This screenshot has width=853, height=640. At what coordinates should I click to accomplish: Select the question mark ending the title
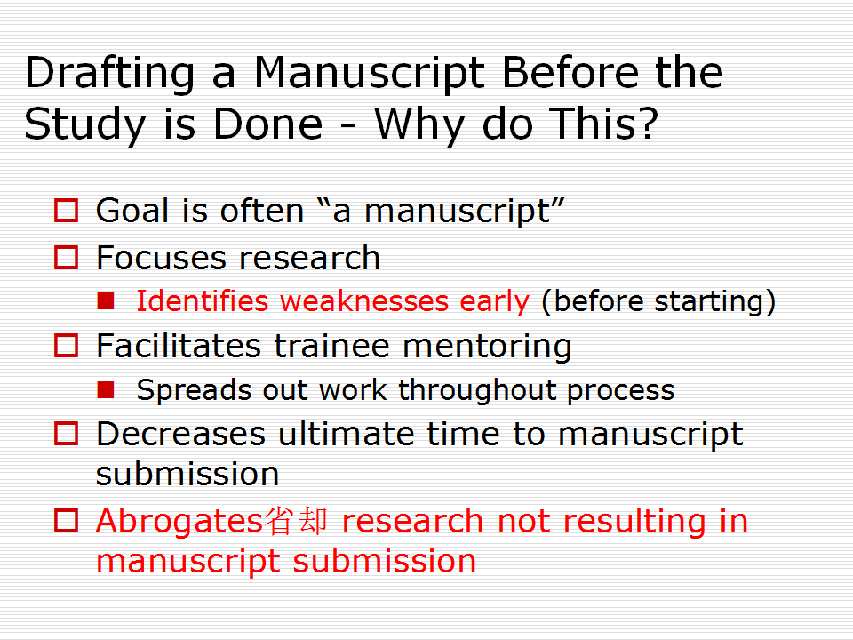click(647, 123)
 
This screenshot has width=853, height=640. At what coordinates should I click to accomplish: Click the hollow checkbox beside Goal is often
click(67, 211)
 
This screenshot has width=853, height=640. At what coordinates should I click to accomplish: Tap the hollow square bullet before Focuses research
click(67, 258)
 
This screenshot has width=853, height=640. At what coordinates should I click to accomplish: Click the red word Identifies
click(202, 301)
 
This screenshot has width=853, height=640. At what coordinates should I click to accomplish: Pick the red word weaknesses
click(364, 301)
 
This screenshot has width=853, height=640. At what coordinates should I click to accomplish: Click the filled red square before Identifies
click(106, 301)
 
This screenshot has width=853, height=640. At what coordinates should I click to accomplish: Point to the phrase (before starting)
click(658, 302)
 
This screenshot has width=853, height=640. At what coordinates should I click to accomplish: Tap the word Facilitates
click(179, 346)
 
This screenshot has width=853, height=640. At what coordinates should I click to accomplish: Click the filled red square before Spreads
click(106, 389)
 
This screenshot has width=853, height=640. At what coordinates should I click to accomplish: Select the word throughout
click(476, 390)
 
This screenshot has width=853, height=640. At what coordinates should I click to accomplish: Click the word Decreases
click(180, 435)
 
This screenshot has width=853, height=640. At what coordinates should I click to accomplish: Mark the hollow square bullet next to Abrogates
click(67, 521)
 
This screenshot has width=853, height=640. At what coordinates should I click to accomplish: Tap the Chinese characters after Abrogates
click(296, 521)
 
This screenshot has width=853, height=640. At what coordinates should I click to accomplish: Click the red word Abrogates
click(180, 522)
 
